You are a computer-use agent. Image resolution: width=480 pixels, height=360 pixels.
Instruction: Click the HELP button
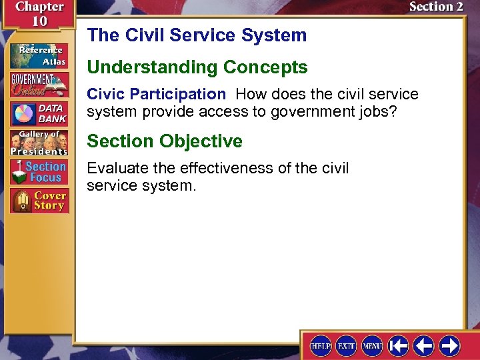pos(321,345)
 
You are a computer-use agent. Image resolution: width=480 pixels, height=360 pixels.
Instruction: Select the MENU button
pos(372,345)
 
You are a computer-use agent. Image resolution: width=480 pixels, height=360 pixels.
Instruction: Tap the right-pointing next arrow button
pos(450,345)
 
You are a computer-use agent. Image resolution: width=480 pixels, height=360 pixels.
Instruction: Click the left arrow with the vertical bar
pos(399,345)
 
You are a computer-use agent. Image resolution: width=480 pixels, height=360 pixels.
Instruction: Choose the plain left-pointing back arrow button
pos(424,345)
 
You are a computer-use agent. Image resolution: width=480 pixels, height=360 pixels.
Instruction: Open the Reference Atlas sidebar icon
pos(39,56)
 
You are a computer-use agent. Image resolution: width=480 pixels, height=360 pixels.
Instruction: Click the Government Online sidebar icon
pos(39,85)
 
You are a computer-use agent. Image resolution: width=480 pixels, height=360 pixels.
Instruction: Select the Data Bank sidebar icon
pos(39,114)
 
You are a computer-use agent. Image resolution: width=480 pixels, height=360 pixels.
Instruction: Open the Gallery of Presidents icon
pos(39,143)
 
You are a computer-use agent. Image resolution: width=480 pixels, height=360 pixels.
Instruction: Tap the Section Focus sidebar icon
pos(39,172)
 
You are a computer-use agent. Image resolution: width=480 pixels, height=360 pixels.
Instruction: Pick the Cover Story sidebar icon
pos(39,201)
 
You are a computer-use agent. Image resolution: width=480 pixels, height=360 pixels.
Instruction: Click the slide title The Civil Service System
pos(197,35)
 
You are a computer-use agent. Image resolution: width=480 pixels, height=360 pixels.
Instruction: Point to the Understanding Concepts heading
pos(197,67)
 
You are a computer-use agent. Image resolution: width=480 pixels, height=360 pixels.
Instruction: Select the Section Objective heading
pos(165,141)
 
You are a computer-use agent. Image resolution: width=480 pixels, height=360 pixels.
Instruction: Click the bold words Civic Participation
pos(156,95)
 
